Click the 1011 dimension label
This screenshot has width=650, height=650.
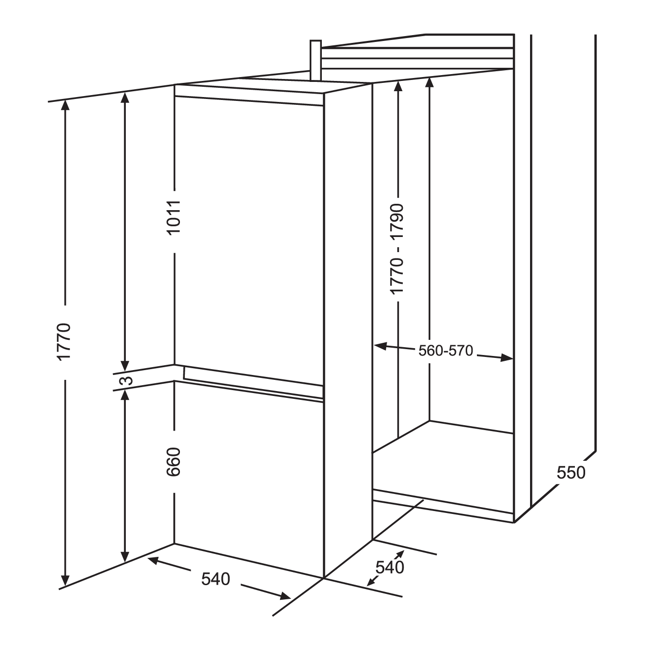click(x=174, y=217)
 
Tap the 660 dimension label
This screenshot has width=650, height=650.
click(x=174, y=462)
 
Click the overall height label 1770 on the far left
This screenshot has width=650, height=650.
click(x=64, y=342)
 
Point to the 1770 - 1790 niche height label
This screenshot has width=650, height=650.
click(x=396, y=249)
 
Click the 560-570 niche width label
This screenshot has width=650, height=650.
click(x=446, y=351)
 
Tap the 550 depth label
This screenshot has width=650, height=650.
click(x=571, y=473)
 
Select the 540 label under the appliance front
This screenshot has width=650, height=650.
click(x=216, y=579)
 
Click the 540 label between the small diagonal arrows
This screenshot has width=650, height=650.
click(x=390, y=568)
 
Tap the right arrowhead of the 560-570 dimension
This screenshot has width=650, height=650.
click(x=507, y=357)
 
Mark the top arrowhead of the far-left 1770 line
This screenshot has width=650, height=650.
click(x=65, y=106)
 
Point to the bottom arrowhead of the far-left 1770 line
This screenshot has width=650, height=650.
click(x=65, y=581)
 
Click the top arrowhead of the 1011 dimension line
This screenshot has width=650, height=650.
click(x=125, y=98)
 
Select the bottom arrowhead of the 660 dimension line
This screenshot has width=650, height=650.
click(x=125, y=556)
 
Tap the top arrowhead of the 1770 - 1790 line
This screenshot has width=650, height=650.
click(x=398, y=86)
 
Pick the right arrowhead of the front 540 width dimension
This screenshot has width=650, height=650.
click(x=284, y=596)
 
